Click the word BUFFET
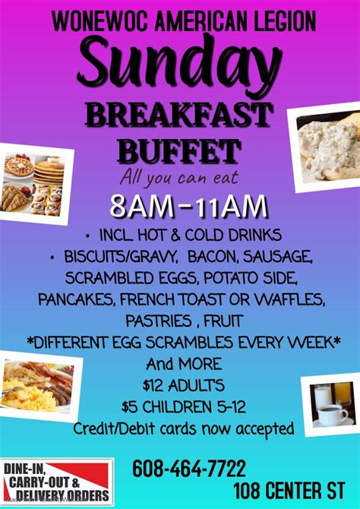[179, 150]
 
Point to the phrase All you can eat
[178, 178]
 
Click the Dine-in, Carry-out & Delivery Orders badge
[57, 482]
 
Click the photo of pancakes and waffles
[38, 184]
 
